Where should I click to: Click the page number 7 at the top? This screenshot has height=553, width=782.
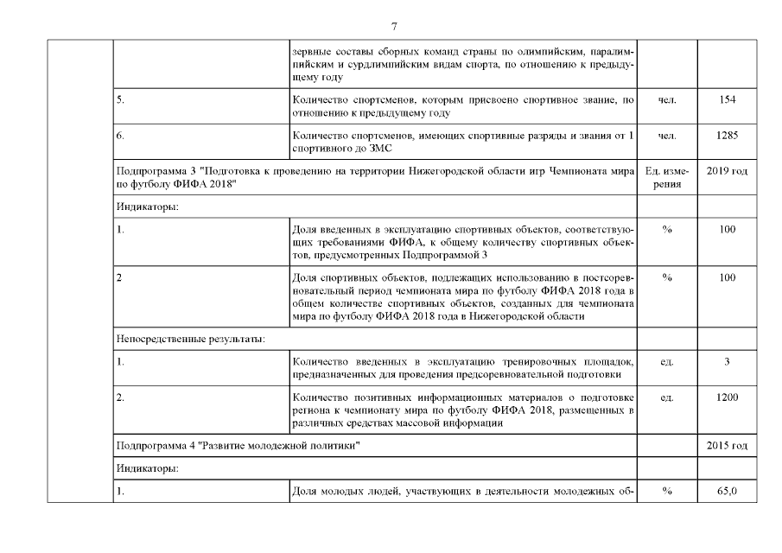(x=394, y=24)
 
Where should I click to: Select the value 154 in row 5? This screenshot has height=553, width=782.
(x=727, y=101)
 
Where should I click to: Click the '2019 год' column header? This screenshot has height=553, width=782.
(x=727, y=172)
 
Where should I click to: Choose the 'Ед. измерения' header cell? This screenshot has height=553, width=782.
(x=666, y=178)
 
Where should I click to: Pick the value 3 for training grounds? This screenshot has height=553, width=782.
(x=727, y=361)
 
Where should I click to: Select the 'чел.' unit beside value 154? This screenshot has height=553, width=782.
(x=666, y=101)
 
